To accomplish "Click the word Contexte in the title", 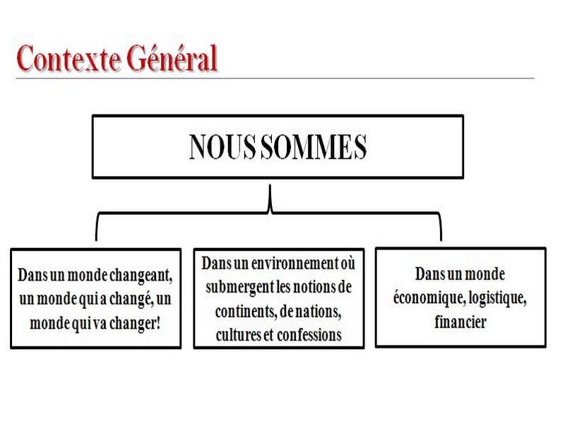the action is click(x=68, y=59).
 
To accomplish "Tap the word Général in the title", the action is click(x=172, y=57).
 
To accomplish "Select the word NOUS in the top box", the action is click(x=222, y=147).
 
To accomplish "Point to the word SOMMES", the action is click(x=313, y=147).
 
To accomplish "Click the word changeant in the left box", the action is click(x=141, y=276).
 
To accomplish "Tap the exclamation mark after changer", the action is click(x=157, y=323).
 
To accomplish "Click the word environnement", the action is click(x=294, y=264).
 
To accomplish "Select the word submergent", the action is click(x=239, y=288).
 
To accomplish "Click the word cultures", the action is click(x=239, y=335).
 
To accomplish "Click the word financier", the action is click(x=460, y=322).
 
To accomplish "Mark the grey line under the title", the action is click(x=275, y=78).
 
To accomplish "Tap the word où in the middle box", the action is click(x=347, y=264).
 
